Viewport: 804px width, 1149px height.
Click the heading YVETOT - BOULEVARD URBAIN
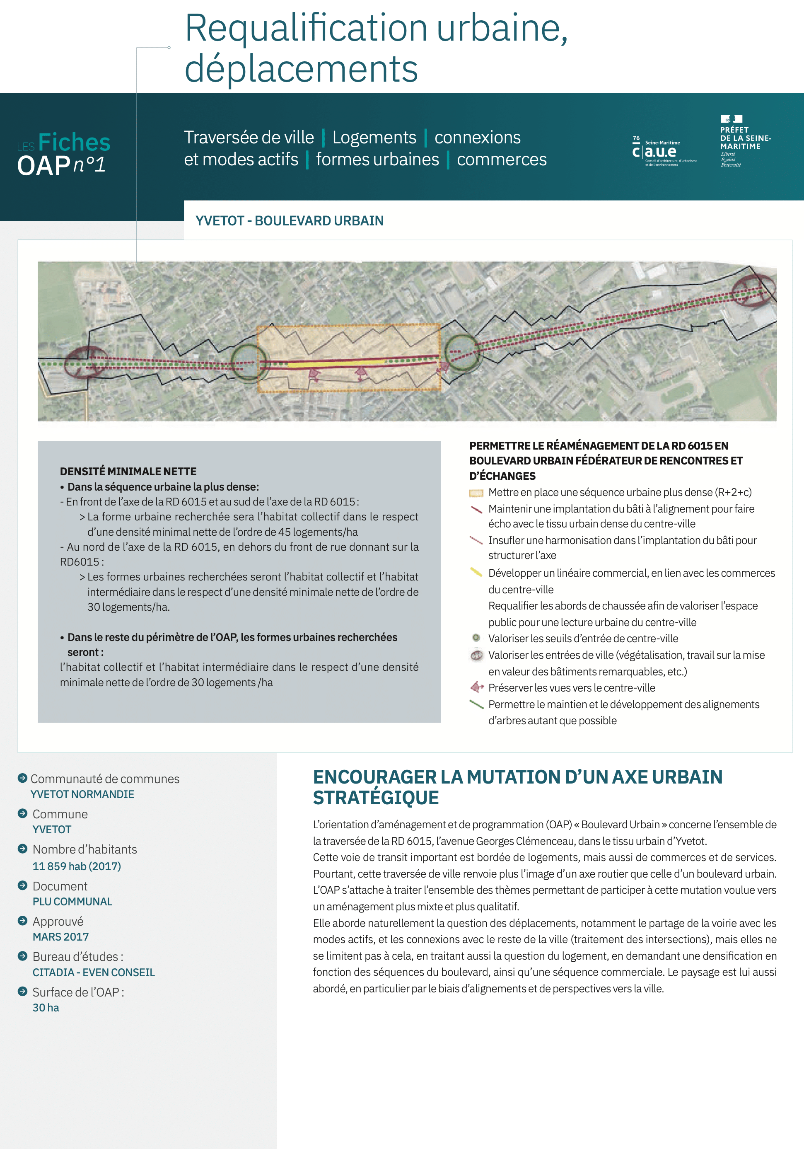coord(289,221)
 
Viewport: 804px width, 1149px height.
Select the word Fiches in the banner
coord(74,143)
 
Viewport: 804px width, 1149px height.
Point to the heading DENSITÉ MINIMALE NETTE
coord(128,472)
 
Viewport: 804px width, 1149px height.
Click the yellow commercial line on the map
coord(335,364)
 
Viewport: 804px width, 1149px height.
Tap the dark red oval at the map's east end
coord(753,290)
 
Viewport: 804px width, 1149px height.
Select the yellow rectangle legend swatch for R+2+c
coord(476,493)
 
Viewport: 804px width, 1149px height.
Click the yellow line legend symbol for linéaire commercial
coord(476,572)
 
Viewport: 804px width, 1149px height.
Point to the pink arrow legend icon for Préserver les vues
coord(477,687)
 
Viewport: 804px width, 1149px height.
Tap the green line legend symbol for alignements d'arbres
coord(476,704)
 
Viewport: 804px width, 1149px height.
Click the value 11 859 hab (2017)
coord(77,866)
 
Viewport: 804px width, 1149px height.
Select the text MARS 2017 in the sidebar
coord(60,937)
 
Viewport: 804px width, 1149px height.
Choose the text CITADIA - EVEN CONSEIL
coord(94,972)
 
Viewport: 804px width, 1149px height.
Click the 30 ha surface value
coord(46,1008)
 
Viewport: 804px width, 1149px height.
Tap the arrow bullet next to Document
coord(22,885)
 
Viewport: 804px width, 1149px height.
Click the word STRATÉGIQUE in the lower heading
coord(376,798)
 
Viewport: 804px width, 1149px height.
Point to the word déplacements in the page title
coord(301,69)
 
